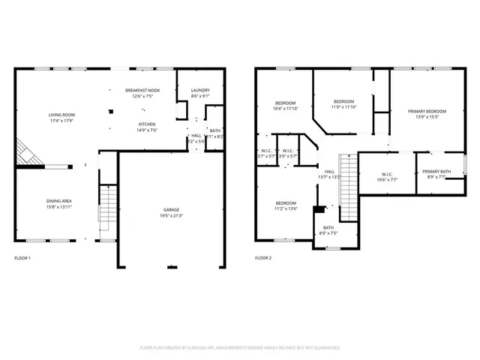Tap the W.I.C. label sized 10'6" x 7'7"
click(x=388, y=177)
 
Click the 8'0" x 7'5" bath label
click(x=328, y=230)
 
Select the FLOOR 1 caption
click(x=22, y=258)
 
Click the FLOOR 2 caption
click(x=263, y=258)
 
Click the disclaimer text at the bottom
click(x=240, y=348)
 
